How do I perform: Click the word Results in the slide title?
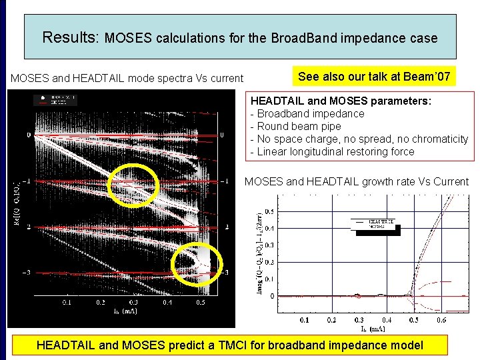(x=70, y=37)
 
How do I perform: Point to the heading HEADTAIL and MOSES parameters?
(x=341, y=101)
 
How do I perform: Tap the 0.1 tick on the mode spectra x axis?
(x=67, y=302)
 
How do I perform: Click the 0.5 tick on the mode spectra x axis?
(x=199, y=302)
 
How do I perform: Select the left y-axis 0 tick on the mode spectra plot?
(x=28, y=135)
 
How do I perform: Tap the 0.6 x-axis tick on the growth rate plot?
(x=442, y=320)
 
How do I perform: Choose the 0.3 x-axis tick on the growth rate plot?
(x=359, y=320)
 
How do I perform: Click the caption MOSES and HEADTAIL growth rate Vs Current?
(x=357, y=181)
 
